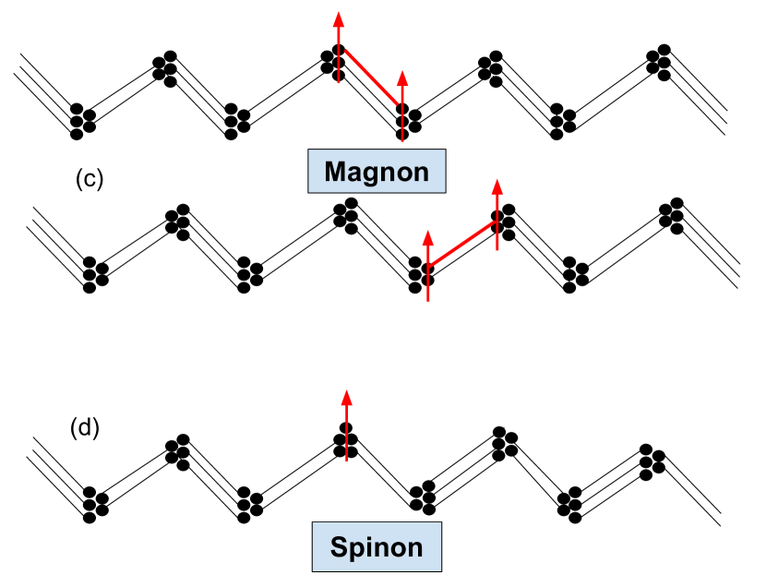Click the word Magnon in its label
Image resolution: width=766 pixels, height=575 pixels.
pyautogui.click(x=377, y=172)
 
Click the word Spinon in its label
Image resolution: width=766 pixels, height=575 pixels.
pyautogui.click(x=377, y=547)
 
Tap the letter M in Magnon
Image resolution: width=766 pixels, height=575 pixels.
pyautogui.click(x=335, y=172)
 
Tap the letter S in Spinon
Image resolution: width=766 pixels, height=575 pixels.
pyautogui.click(x=339, y=547)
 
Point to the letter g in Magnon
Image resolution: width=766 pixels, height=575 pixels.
pyautogui.click(x=370, y=174)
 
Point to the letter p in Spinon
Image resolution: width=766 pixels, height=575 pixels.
pyautogui.click(x=355, y=550)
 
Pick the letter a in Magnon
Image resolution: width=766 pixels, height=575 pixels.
pyautogui.click(x=353, y=174)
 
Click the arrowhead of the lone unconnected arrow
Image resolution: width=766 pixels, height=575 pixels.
pyautogui.click(x=347, y=397)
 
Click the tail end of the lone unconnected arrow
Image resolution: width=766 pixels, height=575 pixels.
pyautogui.click(x=347, y=460)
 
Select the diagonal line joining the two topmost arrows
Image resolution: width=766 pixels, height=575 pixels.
pyautogui.click(x=371, y=78)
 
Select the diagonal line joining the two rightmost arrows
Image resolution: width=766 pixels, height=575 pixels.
pyautogui.click(x=462, y=245)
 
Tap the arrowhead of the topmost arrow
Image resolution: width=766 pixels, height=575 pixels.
pyautogui.click(x=339, y=18)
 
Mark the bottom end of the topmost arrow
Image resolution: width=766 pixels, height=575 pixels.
pyautogui.click(x=339, y=83)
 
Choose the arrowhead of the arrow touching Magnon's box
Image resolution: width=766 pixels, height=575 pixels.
pyautogui.click(x=402, y=77)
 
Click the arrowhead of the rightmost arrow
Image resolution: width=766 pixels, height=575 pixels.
pyautogui.click(x=497, y=186)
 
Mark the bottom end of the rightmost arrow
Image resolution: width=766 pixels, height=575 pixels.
pyautogui.click(x=497, y=250)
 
